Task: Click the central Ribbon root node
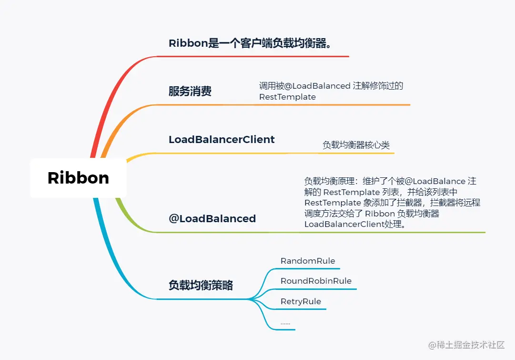point(78,178)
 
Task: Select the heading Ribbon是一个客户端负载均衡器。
point(250,43)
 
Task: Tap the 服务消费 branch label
point(190,92)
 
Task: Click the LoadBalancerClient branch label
point(222,140)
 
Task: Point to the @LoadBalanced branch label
point(212,219)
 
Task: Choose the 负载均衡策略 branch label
point(201,285)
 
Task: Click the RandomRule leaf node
point(308,261)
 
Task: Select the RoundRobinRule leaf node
point(316,281)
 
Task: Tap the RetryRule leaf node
point(301,301)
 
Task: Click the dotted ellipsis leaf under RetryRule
point(285,323)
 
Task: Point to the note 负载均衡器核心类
point(356,145)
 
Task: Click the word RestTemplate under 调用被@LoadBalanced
point(287,97)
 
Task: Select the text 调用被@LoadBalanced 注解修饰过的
point(331,86)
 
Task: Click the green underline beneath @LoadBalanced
point(319,232)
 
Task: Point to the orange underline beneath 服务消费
point(286,104)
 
